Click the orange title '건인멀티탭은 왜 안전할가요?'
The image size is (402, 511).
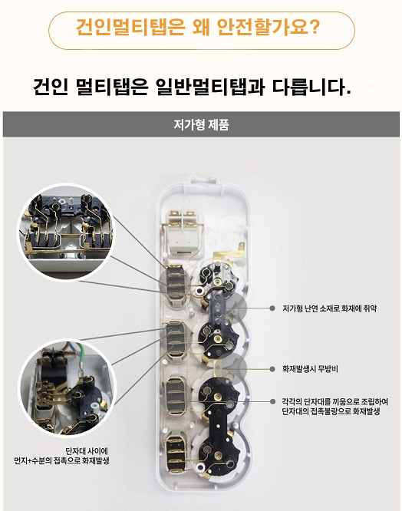pos(198,27)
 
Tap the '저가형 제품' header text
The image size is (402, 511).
pos(201,124)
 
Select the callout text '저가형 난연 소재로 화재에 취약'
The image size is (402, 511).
pos(329,308)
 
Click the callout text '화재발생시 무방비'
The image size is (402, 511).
pos(310,369)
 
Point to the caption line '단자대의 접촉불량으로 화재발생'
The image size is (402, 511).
pos(331,411)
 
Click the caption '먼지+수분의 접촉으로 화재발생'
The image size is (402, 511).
pos(61,460)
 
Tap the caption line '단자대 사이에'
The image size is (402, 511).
pos(87,451)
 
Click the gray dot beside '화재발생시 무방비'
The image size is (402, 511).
pos(272,369)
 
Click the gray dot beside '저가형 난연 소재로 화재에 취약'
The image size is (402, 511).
pos(272,308)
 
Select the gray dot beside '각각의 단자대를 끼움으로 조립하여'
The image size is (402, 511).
pos(272,401)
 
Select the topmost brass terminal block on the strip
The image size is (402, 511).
pos(175,282)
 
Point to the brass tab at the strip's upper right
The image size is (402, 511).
pos(240,247)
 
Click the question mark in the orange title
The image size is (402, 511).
pos(314,27)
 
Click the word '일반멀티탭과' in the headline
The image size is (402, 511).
pos(210,87)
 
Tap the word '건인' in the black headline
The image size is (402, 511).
pos(51,87)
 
